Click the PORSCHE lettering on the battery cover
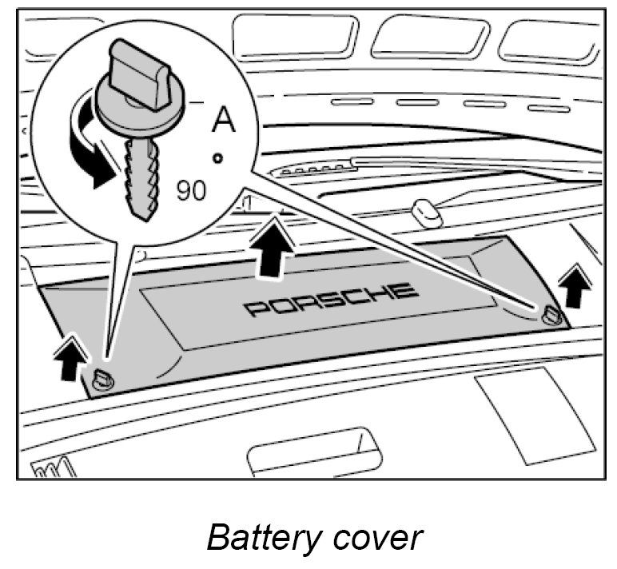pos(332,300)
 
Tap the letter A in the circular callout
pos(222,120)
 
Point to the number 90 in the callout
pos(190,190)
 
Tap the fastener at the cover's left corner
pos(103,379)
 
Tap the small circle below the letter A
pos(217,157)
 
